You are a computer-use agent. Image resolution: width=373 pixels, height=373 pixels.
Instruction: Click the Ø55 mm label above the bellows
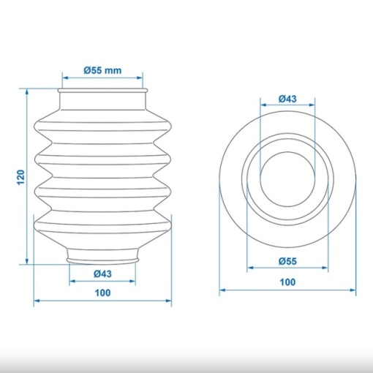pos(102,70)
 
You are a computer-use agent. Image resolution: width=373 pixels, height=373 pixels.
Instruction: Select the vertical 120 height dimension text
pos(21,177)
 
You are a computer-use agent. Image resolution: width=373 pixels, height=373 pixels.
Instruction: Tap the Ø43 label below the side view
pos(102,274)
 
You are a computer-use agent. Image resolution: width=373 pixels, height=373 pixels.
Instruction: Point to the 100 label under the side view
pos(102,293)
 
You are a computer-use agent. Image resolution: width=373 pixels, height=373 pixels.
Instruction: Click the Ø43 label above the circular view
pos(287,99)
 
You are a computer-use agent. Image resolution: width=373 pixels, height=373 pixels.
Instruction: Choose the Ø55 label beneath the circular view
pos(287,261)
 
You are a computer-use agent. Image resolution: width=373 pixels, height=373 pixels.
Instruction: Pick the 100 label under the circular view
pos(287,282)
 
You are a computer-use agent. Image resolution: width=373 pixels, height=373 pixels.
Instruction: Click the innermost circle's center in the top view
pos(287,179)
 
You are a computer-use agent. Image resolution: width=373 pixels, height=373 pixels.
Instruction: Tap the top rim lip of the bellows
pos(102,91)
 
